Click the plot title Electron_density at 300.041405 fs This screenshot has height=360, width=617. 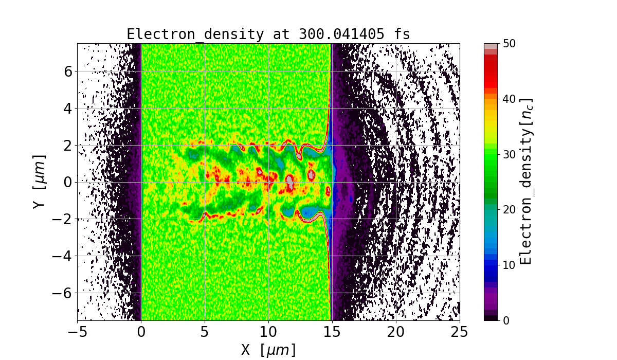pyautogui.click(x=268, y=34)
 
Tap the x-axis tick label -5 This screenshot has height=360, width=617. pyautogui.click(x=78, y=332)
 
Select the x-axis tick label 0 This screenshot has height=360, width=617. pyautogui.click(x=141, y=332)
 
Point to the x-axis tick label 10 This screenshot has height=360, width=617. pyautogui.click(x=268, y=332)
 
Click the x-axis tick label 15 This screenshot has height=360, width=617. pyautogui.click(x=332, y=332)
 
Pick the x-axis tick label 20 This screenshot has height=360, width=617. pyautogui.click(x=396, y=332)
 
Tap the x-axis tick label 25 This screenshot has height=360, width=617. pyautogui.click(x=460, y=332)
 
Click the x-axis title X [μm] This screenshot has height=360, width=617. pyautogui.click(x=268, y=350)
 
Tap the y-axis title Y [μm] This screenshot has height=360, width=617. pyautogui.click(x=40, y=182)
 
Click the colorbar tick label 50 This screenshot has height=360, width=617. pyautogui.click(x=511, y=44)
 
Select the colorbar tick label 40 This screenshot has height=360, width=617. pyautogui.click(x=511, y=99)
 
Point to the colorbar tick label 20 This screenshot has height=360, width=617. pyautogui.click(x=511, y=210)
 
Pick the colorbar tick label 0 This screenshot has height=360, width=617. pyautogui.click(x=507, y=320)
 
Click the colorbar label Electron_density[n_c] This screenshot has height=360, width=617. pyautogui.click(x=526, y=182)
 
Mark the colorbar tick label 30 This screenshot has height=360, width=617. pyautogui.click(x=511, y=154)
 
